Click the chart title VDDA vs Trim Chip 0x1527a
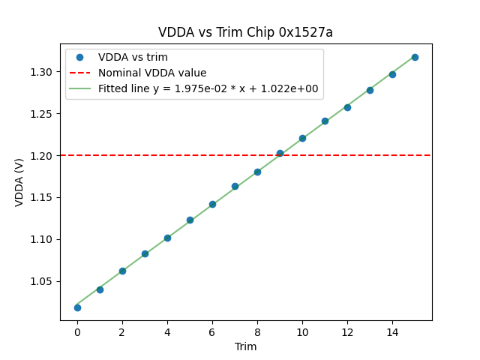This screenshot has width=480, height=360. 245,32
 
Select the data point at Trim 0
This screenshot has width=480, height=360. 77,307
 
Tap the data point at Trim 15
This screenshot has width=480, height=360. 415,57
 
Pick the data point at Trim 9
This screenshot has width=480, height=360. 280,153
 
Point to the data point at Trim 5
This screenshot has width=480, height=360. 190,220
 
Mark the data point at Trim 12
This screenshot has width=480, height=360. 347,107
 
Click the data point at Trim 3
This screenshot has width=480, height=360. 145,253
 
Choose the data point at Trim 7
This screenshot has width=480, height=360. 235,186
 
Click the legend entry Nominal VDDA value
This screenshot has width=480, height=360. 152,73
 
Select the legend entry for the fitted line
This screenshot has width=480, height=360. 208,88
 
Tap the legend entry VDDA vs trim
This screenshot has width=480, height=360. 133,58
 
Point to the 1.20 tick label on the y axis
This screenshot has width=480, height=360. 42,155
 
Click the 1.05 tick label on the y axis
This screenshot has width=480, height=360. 42,281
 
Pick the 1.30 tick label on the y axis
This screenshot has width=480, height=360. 42,72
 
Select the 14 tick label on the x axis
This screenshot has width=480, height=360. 392,332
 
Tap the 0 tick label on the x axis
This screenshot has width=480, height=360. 77,332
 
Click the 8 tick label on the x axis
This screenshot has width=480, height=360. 257,332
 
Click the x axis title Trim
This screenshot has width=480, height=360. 245,346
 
